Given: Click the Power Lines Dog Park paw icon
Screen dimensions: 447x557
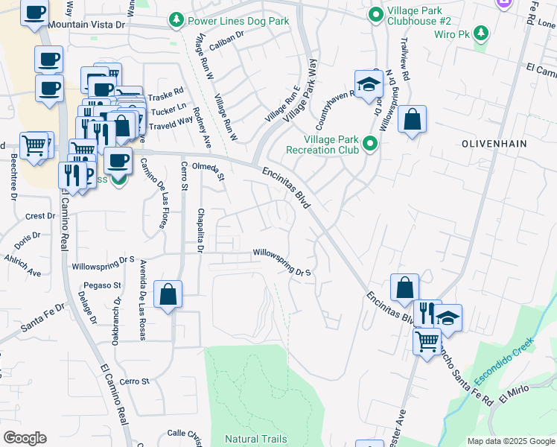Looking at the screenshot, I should (176, 19).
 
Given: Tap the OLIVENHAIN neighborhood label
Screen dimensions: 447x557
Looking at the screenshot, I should (493, 142).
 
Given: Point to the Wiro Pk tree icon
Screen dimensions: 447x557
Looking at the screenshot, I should (482, 33).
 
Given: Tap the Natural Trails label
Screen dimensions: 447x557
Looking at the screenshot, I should (255, 439).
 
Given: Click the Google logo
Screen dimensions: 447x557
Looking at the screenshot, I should (25, 438).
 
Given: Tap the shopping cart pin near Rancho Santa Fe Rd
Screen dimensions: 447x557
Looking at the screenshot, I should (427, 341).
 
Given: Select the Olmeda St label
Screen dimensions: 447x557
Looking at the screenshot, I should (209, 171).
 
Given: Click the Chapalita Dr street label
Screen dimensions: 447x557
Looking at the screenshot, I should (200, 230).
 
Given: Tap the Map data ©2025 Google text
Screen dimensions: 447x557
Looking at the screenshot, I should (510, 441).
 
